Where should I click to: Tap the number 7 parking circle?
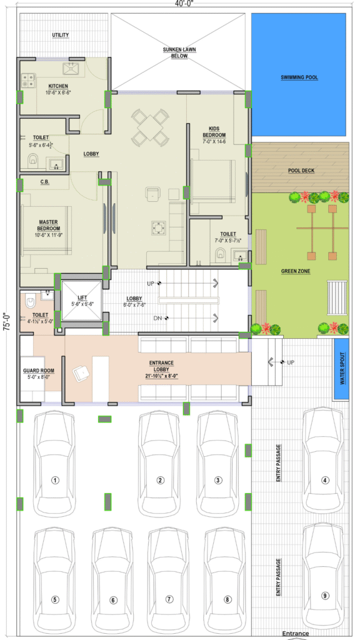169,599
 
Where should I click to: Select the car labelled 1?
55,464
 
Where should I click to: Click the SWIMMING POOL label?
299,77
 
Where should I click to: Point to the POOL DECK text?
301,171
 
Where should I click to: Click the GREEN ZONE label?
296,271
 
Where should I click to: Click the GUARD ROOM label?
38,371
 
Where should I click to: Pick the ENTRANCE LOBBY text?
161,366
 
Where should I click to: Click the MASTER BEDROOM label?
49,225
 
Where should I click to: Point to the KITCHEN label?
58,86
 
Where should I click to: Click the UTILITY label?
61,35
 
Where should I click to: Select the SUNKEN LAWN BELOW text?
179,52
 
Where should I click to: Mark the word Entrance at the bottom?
296,634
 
